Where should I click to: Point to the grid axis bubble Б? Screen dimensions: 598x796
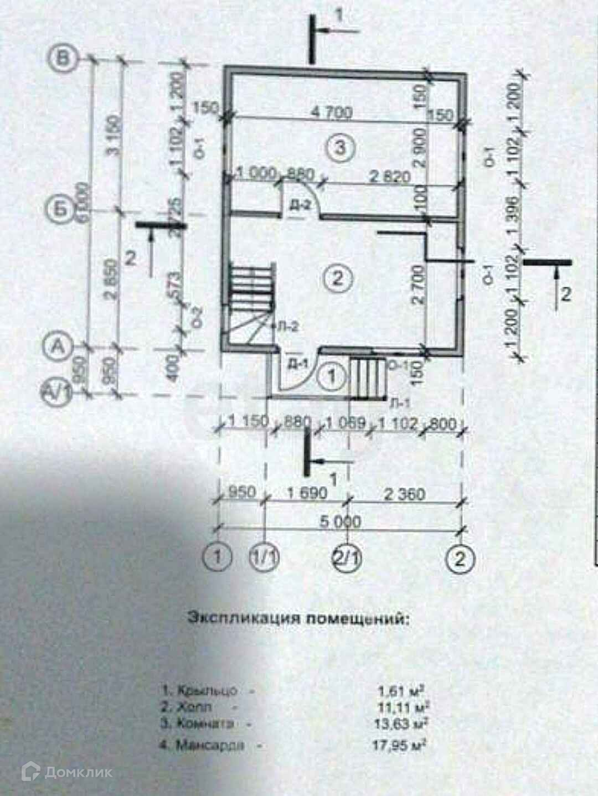(x=59, y=210)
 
